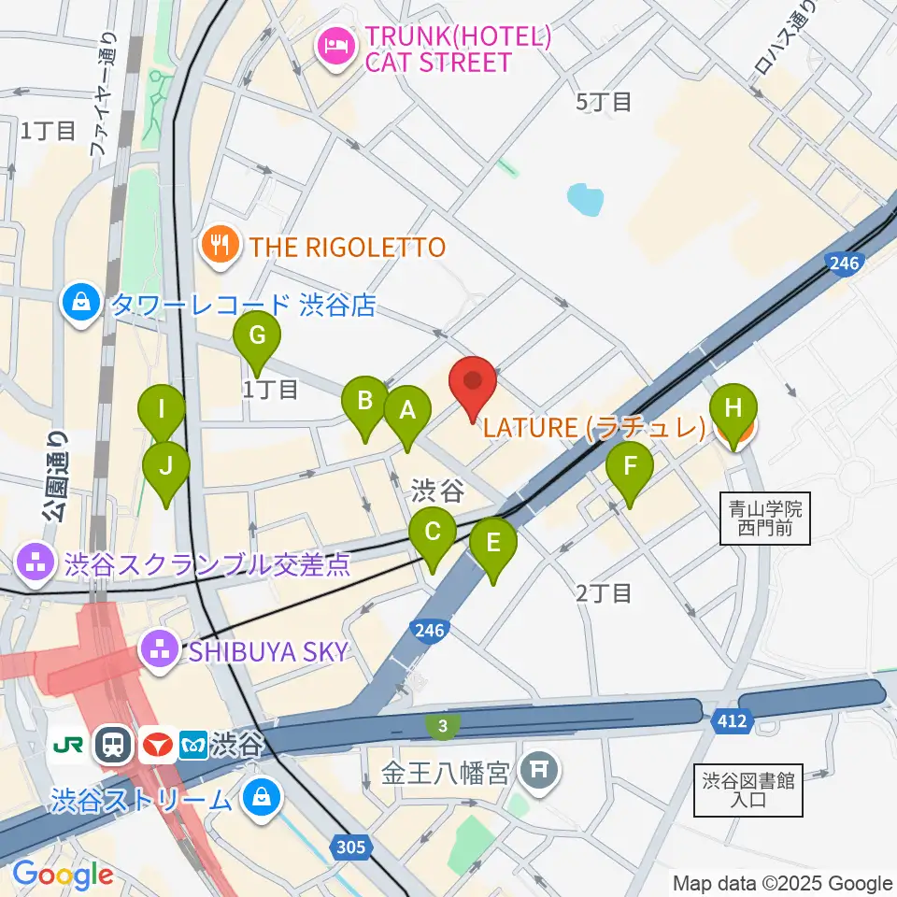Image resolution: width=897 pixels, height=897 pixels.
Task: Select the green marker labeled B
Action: click(x=364, y=402)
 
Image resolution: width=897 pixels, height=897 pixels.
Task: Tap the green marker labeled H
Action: click(x=733, y=409)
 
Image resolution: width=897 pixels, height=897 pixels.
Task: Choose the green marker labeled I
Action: click(x=162, y=409)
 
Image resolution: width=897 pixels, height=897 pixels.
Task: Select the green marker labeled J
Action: click(x=166, y=466)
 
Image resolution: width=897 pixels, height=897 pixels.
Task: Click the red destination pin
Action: click(x=473, y=383)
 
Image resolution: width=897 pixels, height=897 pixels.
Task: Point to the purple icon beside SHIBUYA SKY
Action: click(x=159, y=649)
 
